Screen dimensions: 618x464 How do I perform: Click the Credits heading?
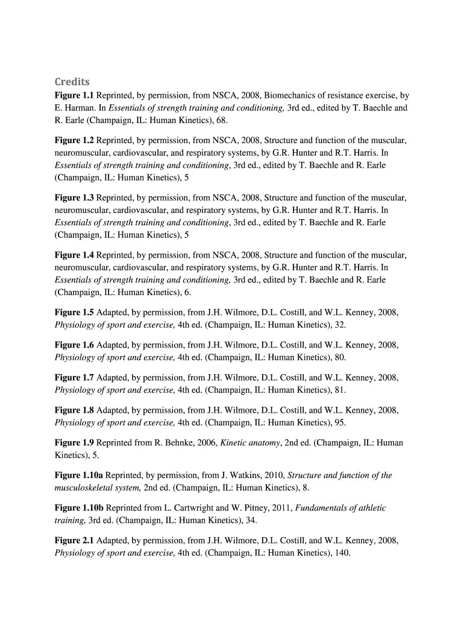[72, 81]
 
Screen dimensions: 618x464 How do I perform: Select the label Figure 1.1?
[74, 95]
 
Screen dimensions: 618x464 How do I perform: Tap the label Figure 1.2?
[74, 141]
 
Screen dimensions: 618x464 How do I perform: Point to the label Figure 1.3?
[74, 198]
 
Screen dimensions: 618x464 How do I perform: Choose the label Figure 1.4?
[74, 255]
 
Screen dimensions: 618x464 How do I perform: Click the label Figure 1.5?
[74, 313]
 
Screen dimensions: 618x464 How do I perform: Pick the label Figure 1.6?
[74, 345]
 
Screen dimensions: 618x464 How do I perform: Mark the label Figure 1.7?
[74, 378]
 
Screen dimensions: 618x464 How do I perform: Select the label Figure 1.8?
[74, 410]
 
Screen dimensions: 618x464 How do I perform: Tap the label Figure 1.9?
[74, 443]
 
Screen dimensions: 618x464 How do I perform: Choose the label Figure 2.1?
[74, 541]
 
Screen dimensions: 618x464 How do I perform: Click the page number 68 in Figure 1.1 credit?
[221, 121]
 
